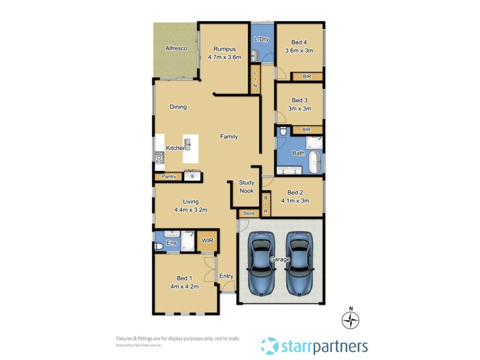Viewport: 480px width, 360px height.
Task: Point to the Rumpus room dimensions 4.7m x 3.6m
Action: tap(224, 58)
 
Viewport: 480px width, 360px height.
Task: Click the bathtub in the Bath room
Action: tap(315, 163)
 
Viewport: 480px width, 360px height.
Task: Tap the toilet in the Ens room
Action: tap(159, 246)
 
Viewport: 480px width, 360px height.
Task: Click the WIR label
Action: tap(208, 241)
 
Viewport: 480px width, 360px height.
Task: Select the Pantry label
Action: tap(168, 177)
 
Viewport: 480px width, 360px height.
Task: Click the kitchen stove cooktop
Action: tap(160, 158)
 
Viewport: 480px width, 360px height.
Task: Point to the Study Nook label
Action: tap(247, 187)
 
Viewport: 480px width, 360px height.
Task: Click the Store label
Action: tap(248, 214)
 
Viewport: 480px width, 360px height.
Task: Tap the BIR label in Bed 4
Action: tap(307, 77)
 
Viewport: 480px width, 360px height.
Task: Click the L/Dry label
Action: tap(261, 40)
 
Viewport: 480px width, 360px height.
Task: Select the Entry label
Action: tap(226, 276)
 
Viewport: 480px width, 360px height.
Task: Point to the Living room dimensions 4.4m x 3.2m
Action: tap(190, 210)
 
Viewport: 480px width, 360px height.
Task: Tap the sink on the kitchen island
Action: tap(188, 144)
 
